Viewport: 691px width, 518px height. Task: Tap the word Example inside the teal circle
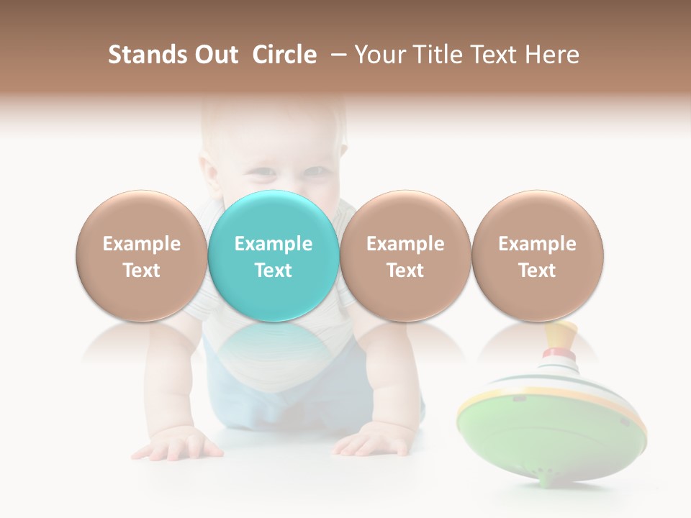pos(274,244)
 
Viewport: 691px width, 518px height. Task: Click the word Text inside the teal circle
pos(274,271)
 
